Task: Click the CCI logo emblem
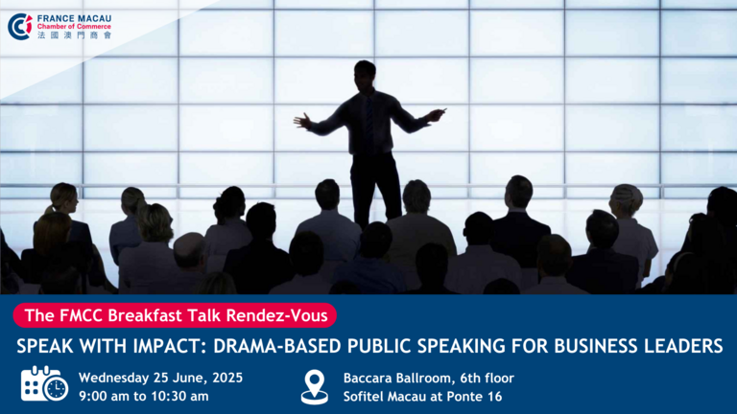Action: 20,27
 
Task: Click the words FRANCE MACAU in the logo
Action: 74,18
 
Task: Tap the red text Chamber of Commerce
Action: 74,27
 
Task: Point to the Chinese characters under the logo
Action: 74,35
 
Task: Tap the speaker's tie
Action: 369,123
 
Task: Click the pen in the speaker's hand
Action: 440,112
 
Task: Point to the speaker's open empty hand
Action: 302,121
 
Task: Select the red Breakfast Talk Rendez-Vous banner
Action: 175,315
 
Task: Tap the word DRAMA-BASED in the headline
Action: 276,346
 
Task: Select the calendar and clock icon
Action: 44,384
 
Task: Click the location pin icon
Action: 315,387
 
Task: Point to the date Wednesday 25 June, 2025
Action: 161,378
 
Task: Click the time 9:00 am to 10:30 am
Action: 144,397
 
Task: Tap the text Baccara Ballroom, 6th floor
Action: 429,378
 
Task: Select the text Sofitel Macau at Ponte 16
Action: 422,397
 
